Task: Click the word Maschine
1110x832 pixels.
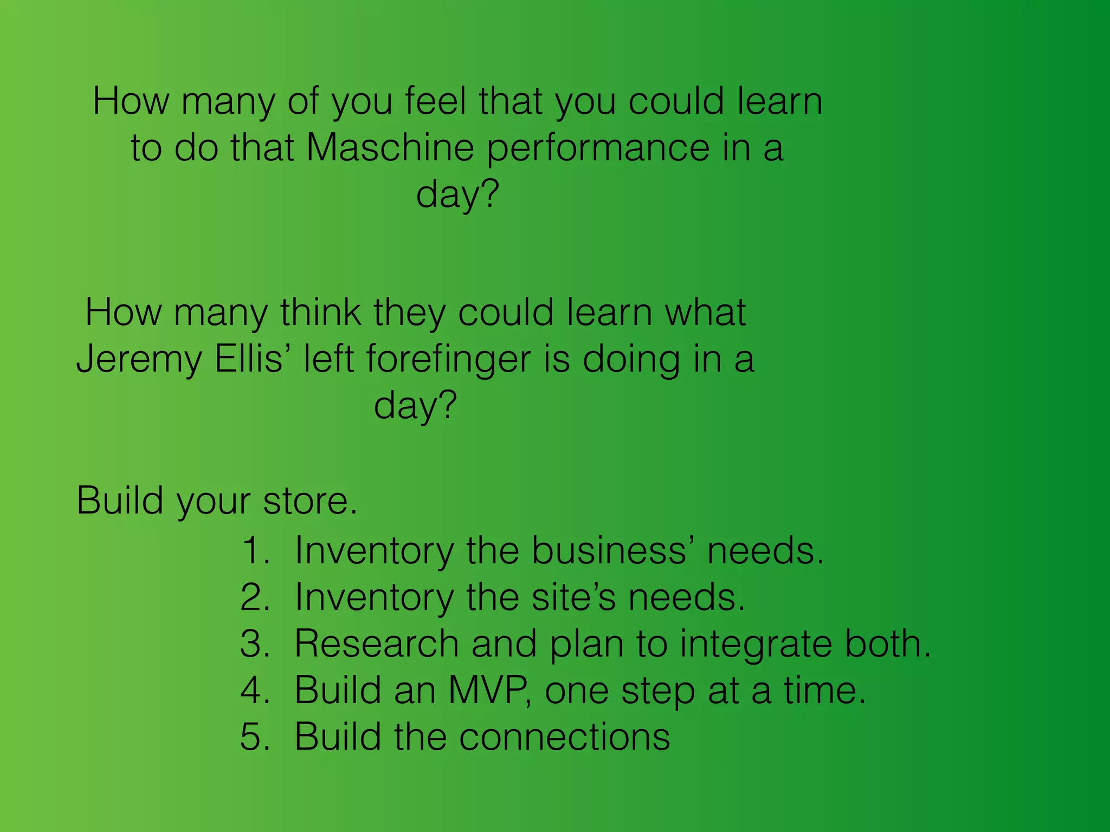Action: [390, 147]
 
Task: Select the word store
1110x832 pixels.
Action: [309, 500]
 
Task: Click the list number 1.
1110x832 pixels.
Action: [255, 551]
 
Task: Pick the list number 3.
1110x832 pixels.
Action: [255, 644]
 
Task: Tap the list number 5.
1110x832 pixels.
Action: [255, 737]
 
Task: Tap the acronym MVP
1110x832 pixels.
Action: [489, 691]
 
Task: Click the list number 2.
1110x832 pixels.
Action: [255, 597]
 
